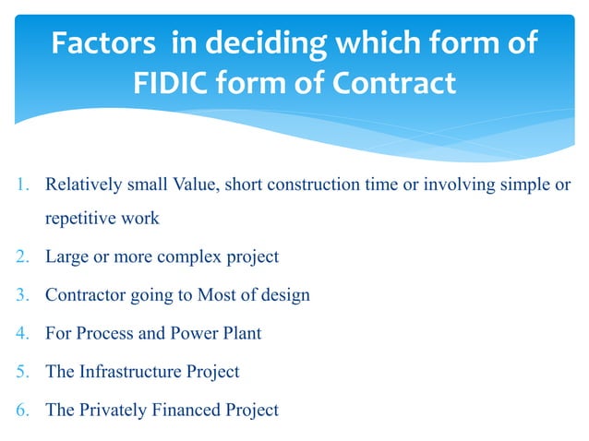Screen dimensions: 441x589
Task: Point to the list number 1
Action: point(25,185)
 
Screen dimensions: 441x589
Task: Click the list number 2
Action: point(25,256)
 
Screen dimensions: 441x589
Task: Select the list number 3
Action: point(25,295)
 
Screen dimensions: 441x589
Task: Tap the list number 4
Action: point(25,333)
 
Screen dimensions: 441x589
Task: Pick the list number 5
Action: point(25,372)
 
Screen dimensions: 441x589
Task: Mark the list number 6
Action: point(25,410)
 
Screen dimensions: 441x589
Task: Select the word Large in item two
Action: point(66,256)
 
